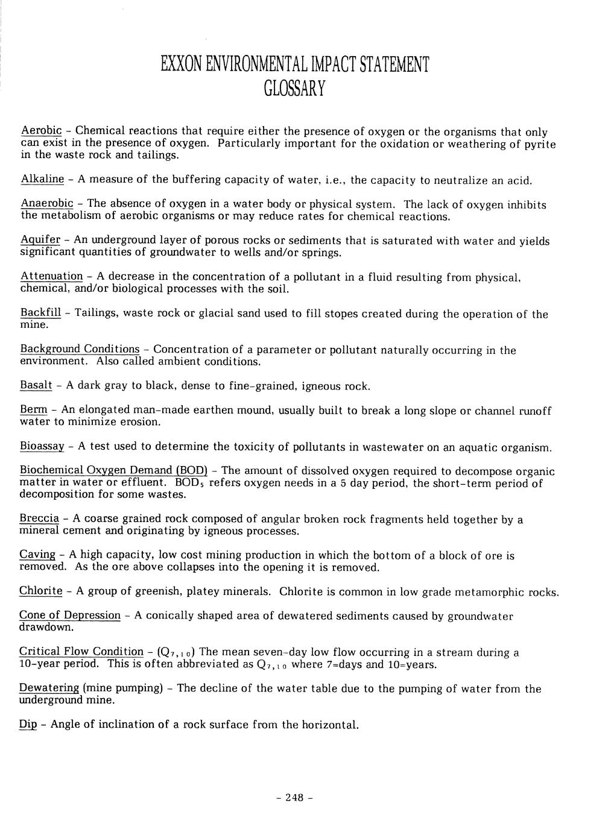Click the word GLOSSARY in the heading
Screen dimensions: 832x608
click(295, 89)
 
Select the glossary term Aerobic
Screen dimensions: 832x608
click(42, 131)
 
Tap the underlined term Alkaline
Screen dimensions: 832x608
click(42, 179)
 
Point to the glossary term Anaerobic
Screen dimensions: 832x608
click(47, 204)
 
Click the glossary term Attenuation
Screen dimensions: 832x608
click(52, 276)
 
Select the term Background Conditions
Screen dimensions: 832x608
click(80, 349)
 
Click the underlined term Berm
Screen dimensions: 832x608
click(34, 410)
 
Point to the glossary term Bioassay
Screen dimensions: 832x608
click(42, 447)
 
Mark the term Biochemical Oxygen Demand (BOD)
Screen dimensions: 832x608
click(113, 470)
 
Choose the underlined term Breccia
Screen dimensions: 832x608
click(40, 518)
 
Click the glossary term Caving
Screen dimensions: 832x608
click(37, 555)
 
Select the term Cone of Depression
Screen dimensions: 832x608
click(70, 616)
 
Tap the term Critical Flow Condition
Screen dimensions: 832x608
click(81, 652)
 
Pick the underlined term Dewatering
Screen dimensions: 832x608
click(49, 689)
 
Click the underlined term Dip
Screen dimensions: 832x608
click(28, 725)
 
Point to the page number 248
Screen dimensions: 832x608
click(295, 798)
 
